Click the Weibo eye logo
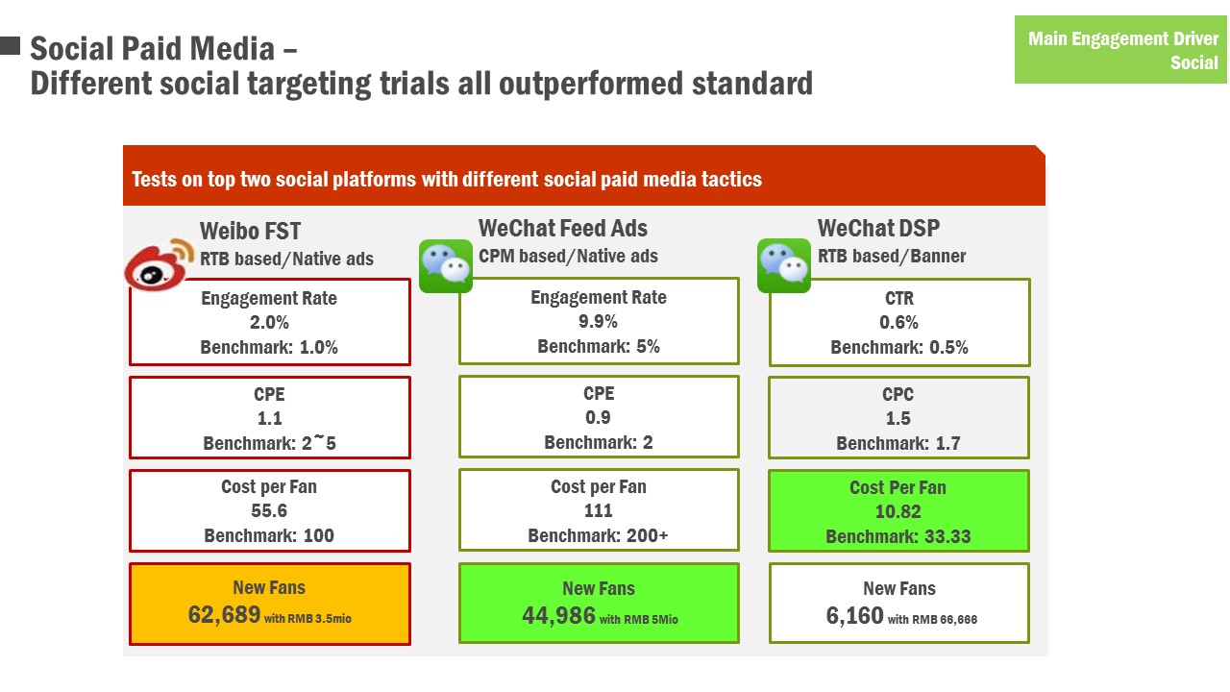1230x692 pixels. point(160,264)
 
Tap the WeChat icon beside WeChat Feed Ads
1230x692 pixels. point(446,266)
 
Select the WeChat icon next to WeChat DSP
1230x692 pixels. point(784,266)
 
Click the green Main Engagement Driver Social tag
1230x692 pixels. point(1120,50)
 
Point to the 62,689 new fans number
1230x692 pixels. point(224,614)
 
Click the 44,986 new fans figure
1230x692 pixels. point(558,616)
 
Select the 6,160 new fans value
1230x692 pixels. point(855,616)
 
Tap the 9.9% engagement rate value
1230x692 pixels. point(598,321)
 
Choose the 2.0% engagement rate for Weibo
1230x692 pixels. point(269,322)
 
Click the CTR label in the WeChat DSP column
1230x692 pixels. point(899,298)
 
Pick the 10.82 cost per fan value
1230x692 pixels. point(898,512)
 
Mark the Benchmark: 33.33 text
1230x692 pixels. point(898,536)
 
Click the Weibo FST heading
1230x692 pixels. point(251,231)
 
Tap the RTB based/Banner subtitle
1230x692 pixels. point(892,256)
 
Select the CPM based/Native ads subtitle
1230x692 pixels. point(568,256)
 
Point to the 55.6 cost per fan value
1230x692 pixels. point(269,510)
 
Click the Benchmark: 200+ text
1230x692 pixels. point(598,535)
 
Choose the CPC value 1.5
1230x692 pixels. point(898,418)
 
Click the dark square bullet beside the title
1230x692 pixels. point(10,45)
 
